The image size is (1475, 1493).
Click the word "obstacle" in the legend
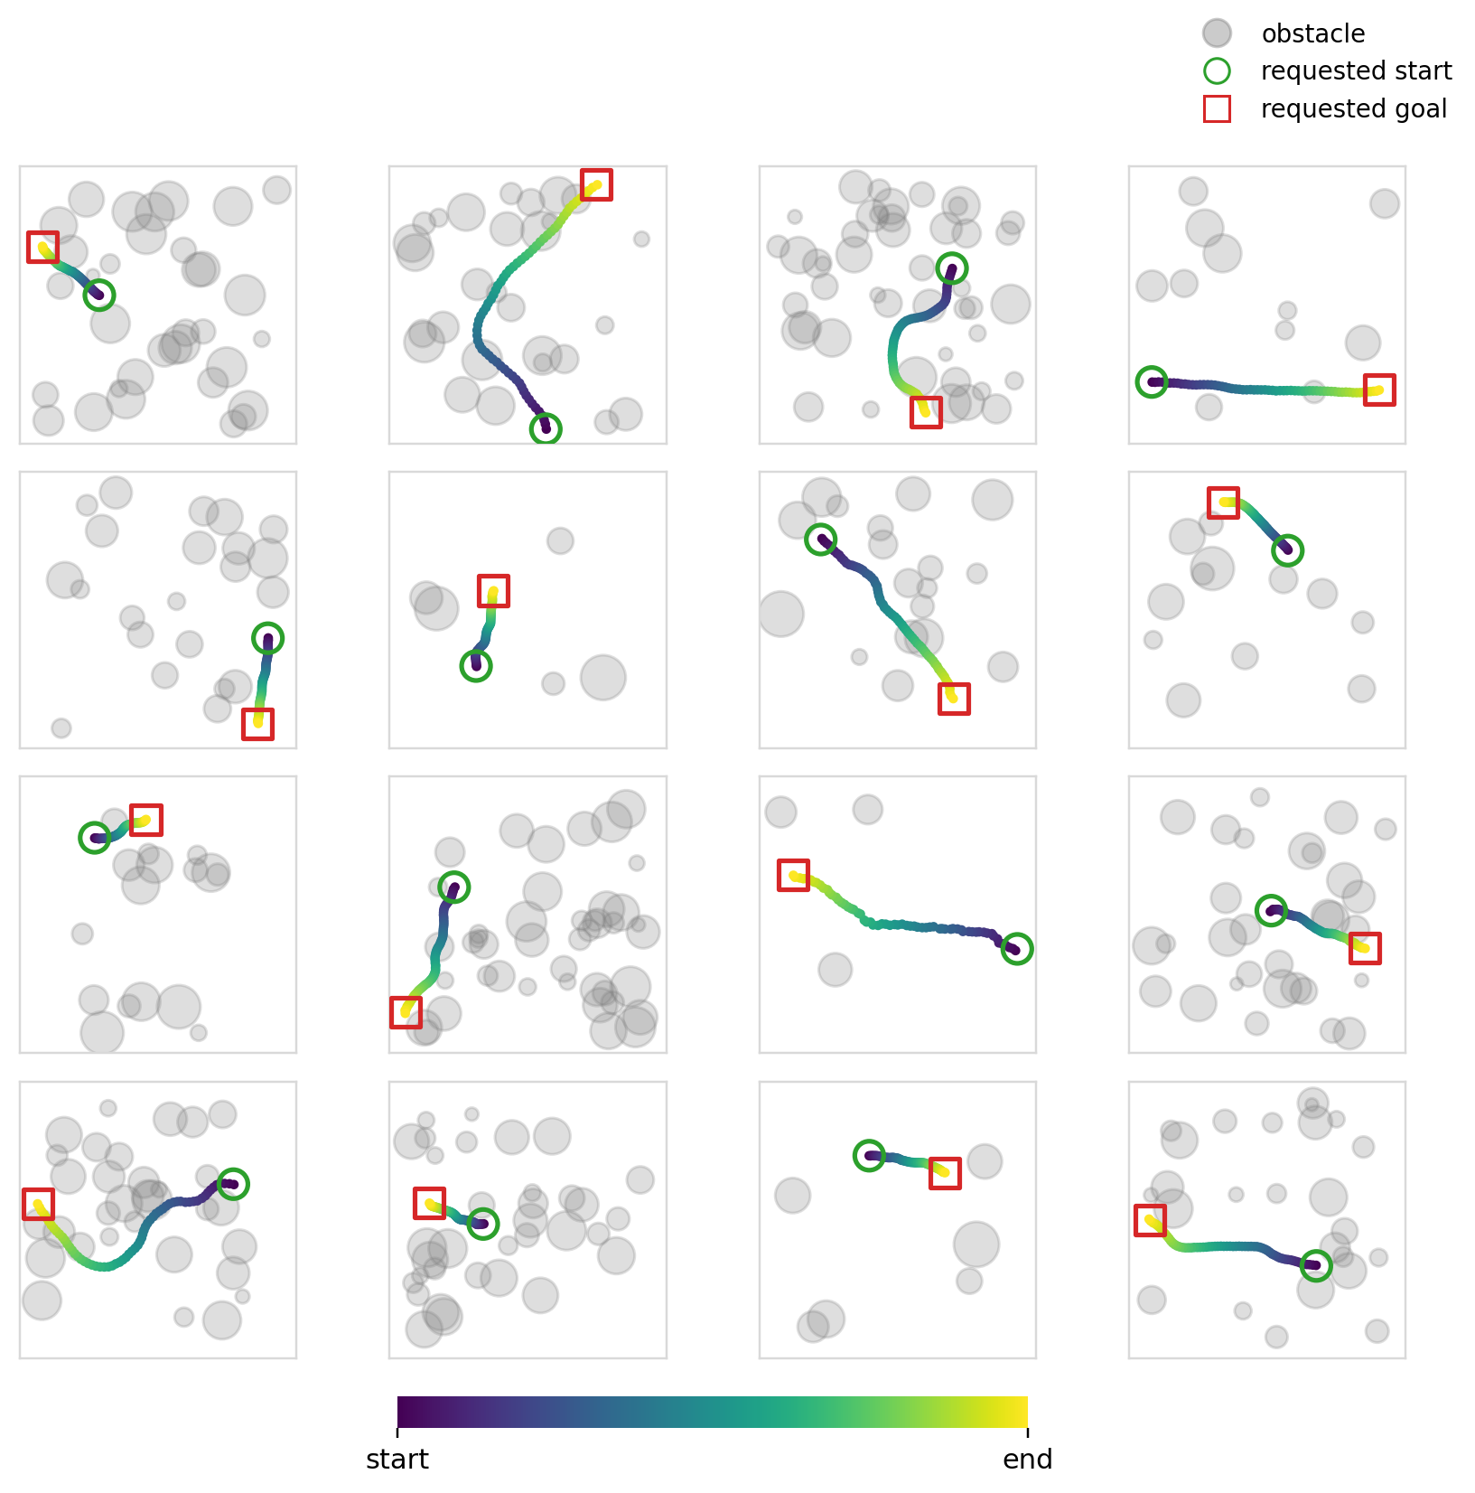coord(1312,33)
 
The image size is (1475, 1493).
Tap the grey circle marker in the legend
coord(1217,33)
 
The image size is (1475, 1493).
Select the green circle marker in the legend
coord(1217,71)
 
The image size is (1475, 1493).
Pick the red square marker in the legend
coord(1217,109)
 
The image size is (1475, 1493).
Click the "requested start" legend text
coord(1356,71)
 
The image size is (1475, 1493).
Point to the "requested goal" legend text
coord(1353,109)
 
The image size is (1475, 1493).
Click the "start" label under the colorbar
coord(397,1460)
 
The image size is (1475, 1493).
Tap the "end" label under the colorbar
coord(1028,1460)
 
